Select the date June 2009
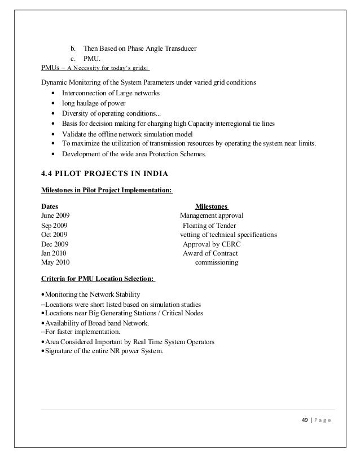(x=56, y=215)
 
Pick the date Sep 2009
(x=55, y=225)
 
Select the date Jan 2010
(x=54, y=253)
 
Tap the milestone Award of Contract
(x=210, y=253)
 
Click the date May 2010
(x=56, y=263)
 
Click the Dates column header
(x=50, y=206)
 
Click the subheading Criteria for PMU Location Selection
(x=99, y=279)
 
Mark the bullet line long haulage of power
(x=94, y=103)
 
